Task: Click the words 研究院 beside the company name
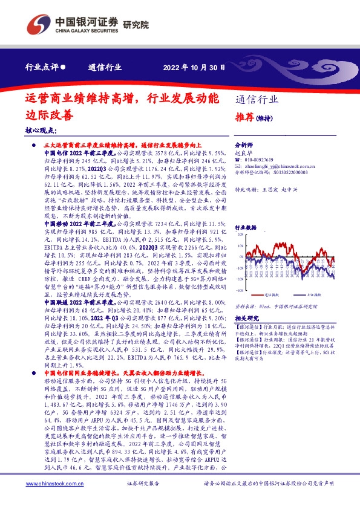tap(119, 24)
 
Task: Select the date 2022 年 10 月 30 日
tap(194, 68)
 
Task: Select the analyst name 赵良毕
tap(242, 154)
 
